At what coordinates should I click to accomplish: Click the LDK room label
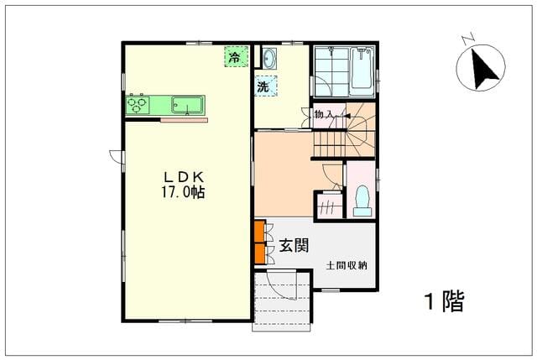[x=184, y=177]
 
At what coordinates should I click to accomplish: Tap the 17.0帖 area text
[x=183, y=192]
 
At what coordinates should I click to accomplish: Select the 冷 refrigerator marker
[x=236, y=56]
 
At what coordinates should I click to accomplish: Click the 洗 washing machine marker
[x=266, y=86]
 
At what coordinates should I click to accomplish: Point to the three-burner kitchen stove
[x=138, y=105]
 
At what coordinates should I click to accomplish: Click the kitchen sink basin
[x=187, y=105]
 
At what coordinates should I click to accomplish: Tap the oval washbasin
[x=268, y=58]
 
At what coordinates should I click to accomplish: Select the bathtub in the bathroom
[x=362, y=69]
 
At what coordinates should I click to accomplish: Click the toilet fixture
[x=362, y=201]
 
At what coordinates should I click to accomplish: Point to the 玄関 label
[x=295, y=245]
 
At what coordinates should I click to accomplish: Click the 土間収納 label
[x=347, y=265]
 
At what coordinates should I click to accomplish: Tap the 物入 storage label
[x=324, y=114]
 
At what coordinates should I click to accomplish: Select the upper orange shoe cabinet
[x=260, y=232]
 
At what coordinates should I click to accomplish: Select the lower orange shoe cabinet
[x=260, y=253]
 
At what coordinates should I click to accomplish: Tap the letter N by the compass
[x=467, y=39]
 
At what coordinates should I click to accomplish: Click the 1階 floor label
[x=445, y=301]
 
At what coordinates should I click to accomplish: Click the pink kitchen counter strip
[x=185, y=120]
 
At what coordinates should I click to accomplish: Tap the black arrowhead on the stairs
[x=347, y=116]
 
